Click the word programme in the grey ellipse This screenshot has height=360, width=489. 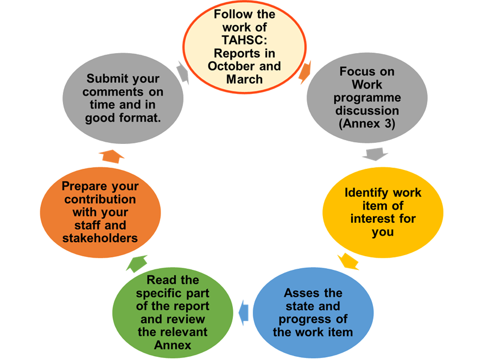pyautogui.click(x=367, y=98)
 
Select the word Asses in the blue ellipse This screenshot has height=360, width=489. pyautogui.click(x=297, y=293)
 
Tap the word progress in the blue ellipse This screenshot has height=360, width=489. pyautogui.click(x=313, y=319)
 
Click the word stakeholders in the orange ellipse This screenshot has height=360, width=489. pyautogui.click(x=100, y=237)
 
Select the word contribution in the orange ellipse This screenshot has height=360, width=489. pyautogui.click(x=100, y=199)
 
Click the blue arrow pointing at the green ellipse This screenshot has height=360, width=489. pyautogui.click(x=244, y=310)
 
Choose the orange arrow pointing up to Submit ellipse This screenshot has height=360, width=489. pyautogui.click(x=112, y=156)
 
